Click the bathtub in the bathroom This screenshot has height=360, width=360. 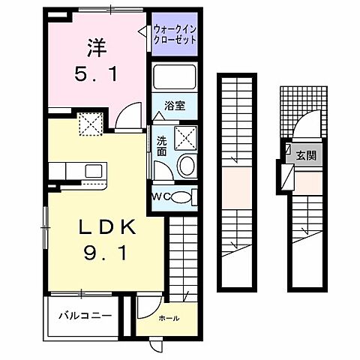click(x=174, y=77)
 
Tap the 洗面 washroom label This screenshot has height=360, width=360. click(x=163, y=145)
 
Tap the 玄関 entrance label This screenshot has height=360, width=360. click(x=305, y=155)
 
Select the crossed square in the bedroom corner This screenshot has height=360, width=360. click(x=91, y=124)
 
